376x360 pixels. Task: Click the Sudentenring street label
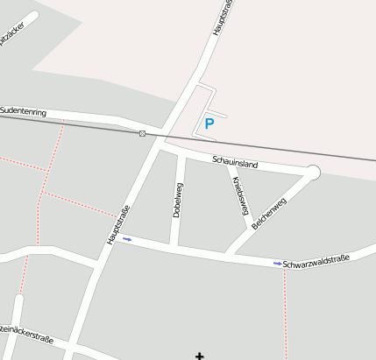click(23, 111)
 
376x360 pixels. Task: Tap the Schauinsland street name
click(235, 162)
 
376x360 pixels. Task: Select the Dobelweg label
click(178, 200)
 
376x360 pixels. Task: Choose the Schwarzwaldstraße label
click(316, 260)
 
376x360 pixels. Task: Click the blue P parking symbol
click(209, 124)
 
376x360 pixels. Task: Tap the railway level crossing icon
click(142, 133)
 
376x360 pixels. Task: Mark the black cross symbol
click(200, 356)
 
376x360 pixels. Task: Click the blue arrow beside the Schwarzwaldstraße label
click(278, 263)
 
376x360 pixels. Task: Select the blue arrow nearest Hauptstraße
click(127, 238)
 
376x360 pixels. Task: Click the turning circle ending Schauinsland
click(313, 173)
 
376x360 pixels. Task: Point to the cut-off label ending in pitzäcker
click(16, 37)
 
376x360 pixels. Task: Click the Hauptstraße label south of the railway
click(118, 224)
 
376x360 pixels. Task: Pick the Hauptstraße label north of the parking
click(223, 18)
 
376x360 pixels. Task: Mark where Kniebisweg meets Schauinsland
click(229, 166)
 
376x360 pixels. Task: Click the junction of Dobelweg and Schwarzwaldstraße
click(174, 247)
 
